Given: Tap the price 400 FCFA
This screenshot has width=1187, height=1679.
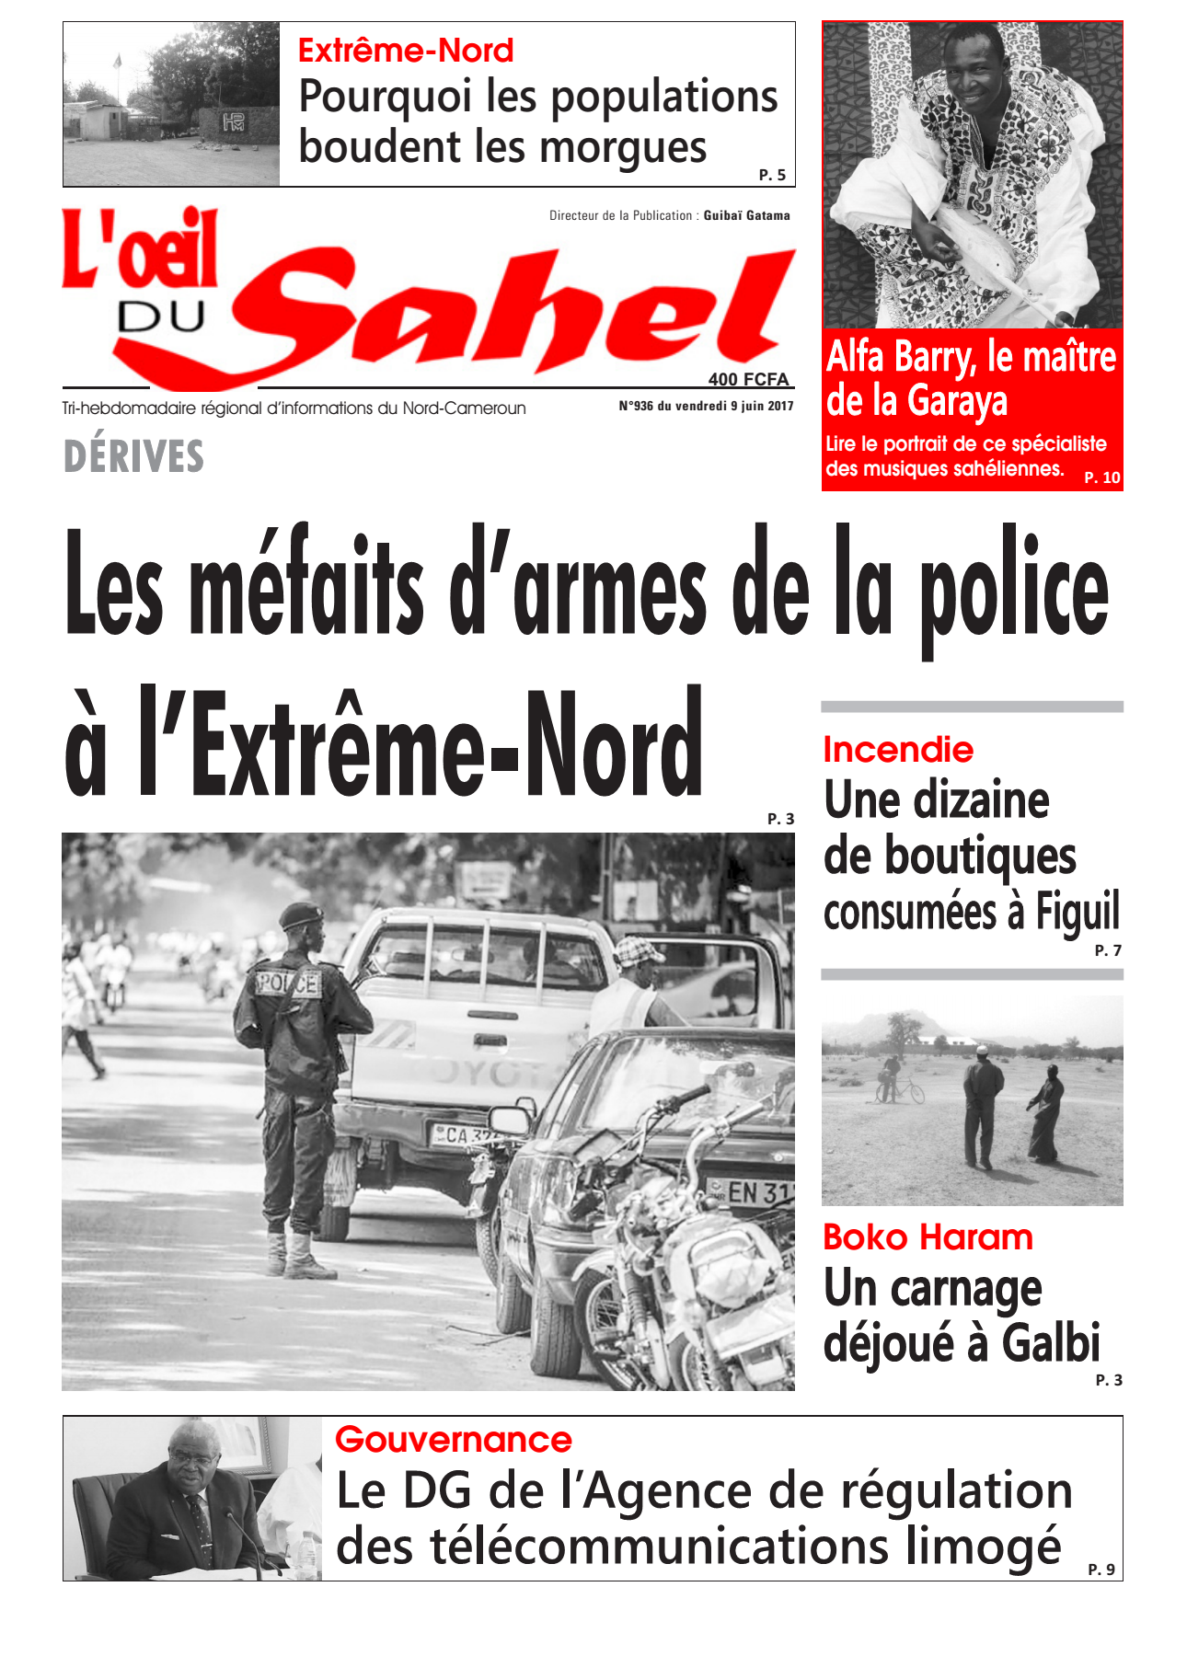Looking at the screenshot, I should tap(748, 379).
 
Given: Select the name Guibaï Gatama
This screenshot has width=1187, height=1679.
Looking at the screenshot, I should tap(746, 215).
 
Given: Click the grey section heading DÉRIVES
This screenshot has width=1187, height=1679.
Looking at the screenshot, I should tap(133, 456).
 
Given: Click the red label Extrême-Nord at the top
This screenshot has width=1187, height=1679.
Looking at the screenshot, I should tap(406, 51).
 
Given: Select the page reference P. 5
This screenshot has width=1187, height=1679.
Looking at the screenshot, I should tap(772, 175).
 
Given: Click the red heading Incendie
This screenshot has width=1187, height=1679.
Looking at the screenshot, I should tap(898, 750).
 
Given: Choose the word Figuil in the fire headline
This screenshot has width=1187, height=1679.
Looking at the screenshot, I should tap(1078, 912).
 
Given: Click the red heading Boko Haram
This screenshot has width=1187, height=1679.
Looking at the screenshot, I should tap(928, 1237).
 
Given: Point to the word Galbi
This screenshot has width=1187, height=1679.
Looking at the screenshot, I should tap(1051, 1342).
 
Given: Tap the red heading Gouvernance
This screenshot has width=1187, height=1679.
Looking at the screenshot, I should tap(454, 1440).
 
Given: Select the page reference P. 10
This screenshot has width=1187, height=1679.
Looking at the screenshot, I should tap(1102, 477).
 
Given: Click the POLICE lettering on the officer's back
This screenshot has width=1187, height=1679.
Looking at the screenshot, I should tap(288, 983).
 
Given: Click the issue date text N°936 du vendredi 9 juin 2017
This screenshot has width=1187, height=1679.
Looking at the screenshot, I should tap(706, 406).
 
